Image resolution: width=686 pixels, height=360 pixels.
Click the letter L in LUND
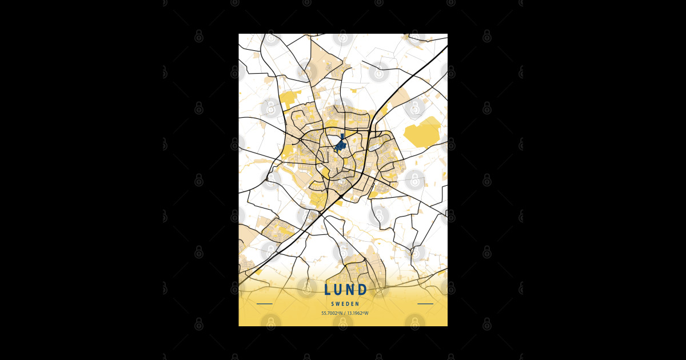[x=328, y=290]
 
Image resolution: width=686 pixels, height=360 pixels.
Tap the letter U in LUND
[x=339, y=290]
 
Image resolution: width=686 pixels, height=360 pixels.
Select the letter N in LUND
[x=350, y=290]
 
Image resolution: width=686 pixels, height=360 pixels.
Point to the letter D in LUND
[x=362, y=290]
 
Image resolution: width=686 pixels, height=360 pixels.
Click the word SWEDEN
[x=345, y=304]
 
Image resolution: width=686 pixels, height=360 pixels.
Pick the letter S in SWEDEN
[x=333, y=304]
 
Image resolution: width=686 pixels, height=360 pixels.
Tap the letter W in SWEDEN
[x=337, y=304]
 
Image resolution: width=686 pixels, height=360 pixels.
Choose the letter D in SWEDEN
[x=347, y=304]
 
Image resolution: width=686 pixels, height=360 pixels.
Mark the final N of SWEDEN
[x=357, y=304]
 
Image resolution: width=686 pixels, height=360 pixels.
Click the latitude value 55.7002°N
[x=332, y=313]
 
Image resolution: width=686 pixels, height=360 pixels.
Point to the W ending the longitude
[x=366, y=313]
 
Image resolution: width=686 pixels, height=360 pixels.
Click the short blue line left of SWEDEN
[x=265, y=304]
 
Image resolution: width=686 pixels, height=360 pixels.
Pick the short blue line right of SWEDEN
[x=425, y=304]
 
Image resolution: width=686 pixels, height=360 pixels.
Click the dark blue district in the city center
[x=341, y=145]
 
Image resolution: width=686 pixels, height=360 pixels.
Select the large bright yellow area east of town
[x=423, y=133]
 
